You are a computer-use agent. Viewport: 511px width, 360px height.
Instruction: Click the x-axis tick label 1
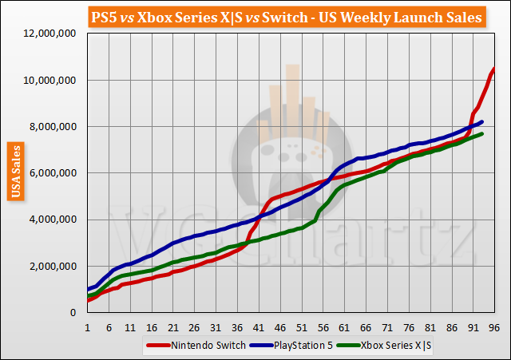[86, 327]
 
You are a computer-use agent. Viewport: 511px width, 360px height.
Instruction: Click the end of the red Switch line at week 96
[495, 69]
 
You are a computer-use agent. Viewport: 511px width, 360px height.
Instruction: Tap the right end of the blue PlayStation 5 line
[482, 122]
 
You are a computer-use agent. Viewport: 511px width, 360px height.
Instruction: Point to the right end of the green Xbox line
[482, 134]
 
